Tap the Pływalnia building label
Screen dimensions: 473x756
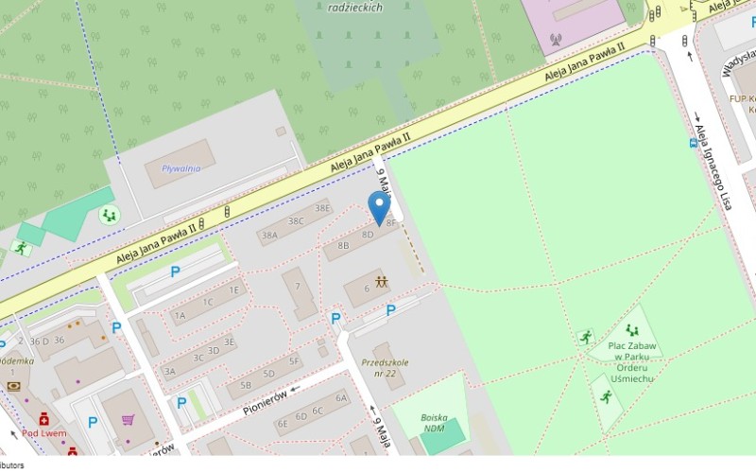(x=180, y=168)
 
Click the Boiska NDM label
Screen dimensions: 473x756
(x=434, y=423)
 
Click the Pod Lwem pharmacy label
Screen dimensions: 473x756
(x=42, y=432)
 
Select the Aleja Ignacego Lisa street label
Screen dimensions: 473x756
(x=715, y=160)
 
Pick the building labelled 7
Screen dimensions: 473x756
(x=299, y=286)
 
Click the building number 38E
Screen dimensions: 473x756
(x=323, y=208)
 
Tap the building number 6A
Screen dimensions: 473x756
(x=342, y=398)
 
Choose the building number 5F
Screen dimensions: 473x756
(x=294, y=360)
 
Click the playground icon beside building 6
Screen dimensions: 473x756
(x=383, y=281)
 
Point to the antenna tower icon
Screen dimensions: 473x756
(x=556, y=41)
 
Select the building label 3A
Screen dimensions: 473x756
(x=170, y=372)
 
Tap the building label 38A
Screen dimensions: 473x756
(x=270, y=236)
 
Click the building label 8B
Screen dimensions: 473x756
(x=343, y=245)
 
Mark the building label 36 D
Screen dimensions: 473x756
(x=39, y=342)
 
